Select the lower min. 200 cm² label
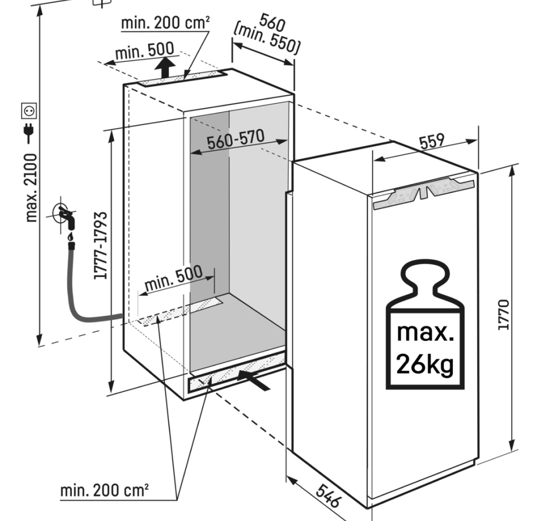104,491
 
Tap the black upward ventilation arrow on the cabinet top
163,70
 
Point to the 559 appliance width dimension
432,142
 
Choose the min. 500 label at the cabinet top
144,52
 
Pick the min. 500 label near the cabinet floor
174,277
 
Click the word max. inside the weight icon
425,334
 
